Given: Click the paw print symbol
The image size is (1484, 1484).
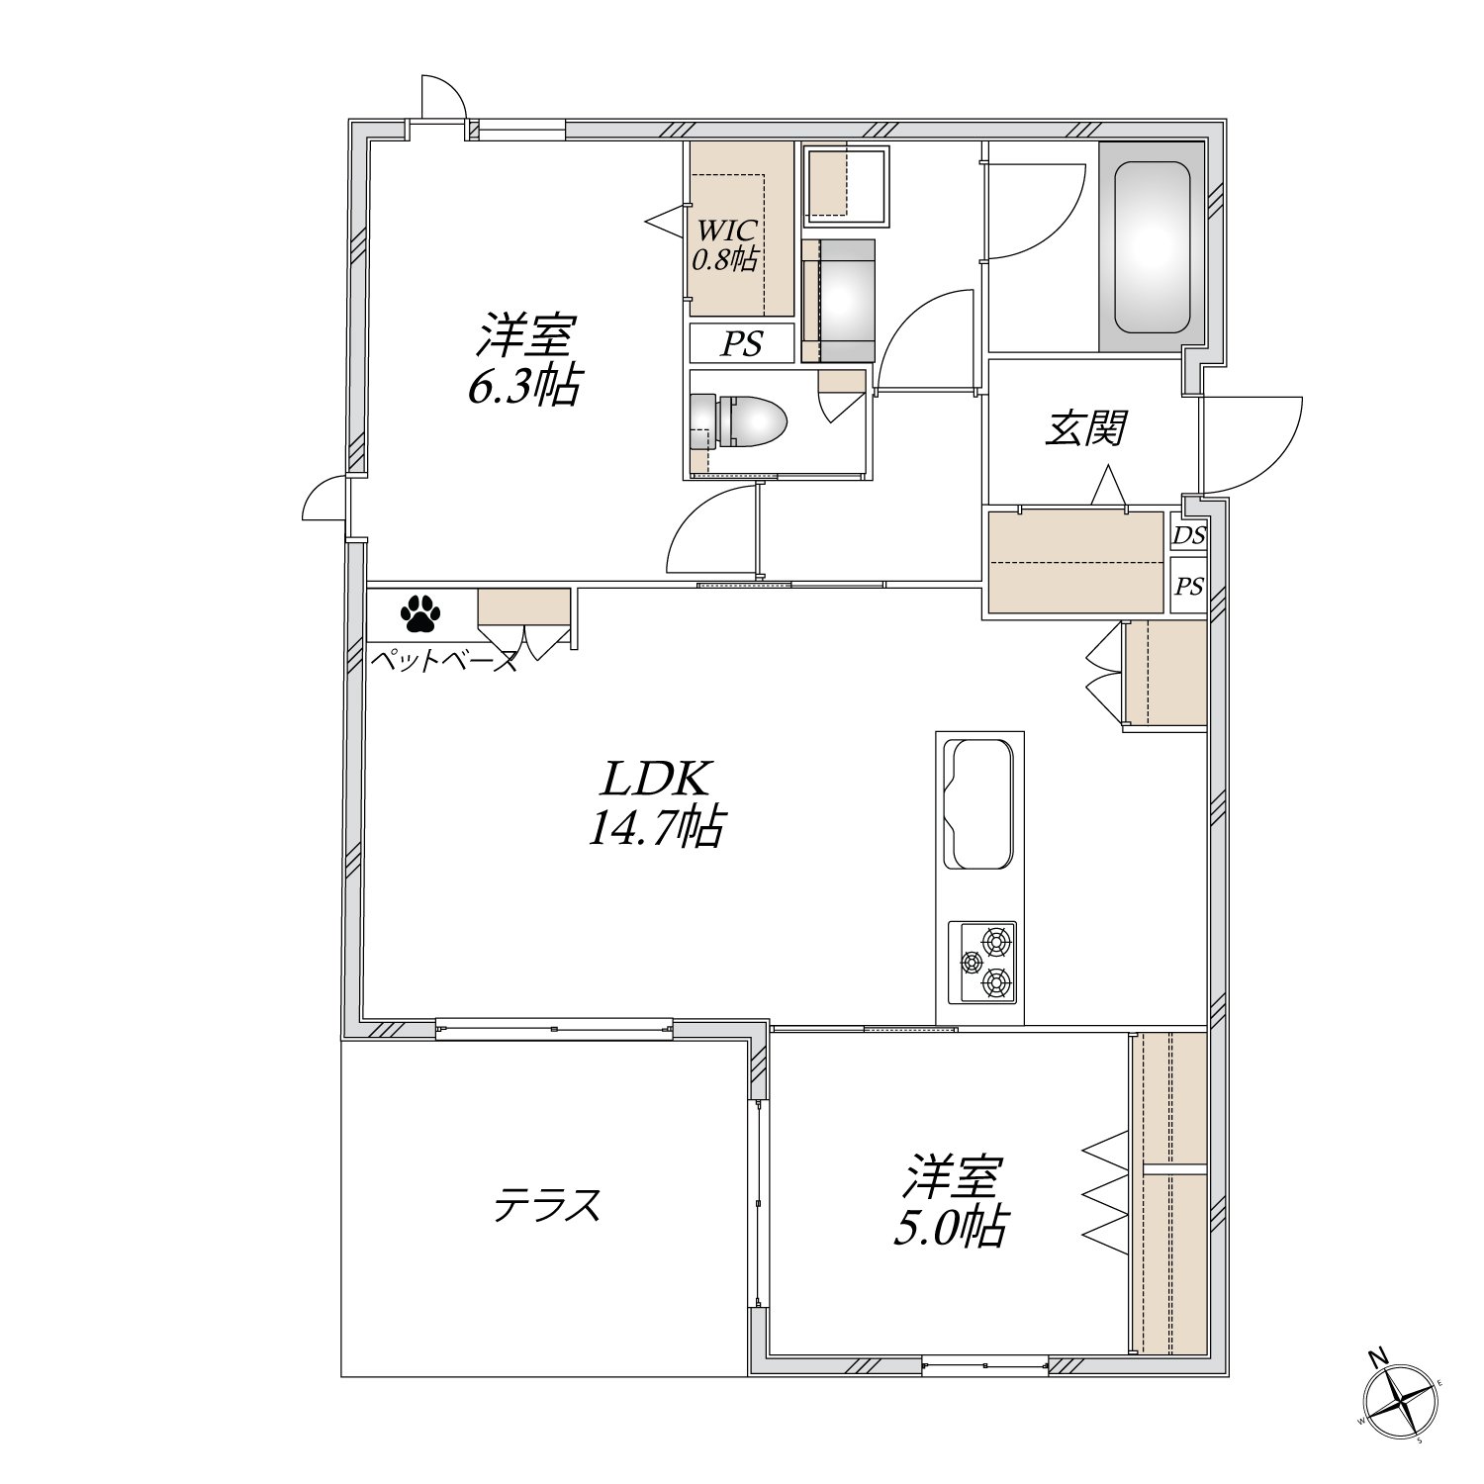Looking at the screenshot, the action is click(420, 613).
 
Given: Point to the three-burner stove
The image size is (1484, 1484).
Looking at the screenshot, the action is click(982, 962).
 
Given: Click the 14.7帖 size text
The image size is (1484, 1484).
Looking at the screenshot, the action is click(655, 828).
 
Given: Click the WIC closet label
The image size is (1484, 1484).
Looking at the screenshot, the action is click(727, 231).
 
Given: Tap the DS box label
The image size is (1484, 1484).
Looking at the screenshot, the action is click(1189, 535).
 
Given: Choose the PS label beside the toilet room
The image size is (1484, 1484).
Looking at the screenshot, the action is click(741, 343).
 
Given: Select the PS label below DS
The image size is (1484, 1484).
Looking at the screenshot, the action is click(1189, 586).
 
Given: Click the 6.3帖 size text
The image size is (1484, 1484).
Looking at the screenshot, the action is click(524, 387).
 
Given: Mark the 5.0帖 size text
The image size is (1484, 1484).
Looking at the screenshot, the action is click(951, 1228).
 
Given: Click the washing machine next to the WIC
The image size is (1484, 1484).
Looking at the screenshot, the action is click(839, 299).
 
